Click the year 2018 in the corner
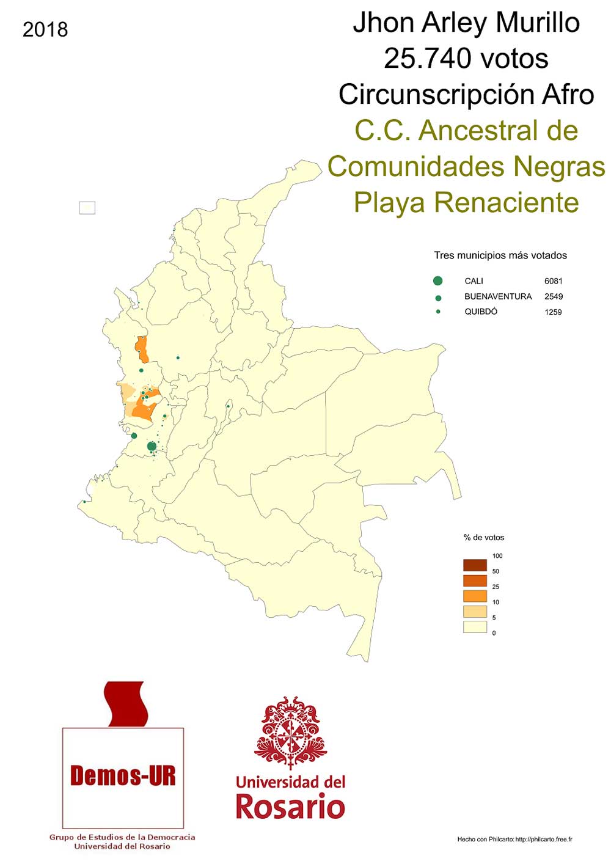click(45, 29)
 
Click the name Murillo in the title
click(537, 23)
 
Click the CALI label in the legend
click(474, 281)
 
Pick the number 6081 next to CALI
click(553, 281)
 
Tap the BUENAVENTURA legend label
click(497, 296)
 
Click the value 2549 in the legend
click(553, 296)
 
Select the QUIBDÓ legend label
click(481, 312)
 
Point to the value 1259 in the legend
click(553, 312)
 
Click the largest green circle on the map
click(152, 447)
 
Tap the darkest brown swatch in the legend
click(475, 565)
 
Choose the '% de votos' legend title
click(484, 538)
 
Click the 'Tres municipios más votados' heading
click(500, 255)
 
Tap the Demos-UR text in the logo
click(123, 776)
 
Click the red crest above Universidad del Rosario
click(290, 731)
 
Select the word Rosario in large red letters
click(290, 807)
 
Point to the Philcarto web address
click(543, 840)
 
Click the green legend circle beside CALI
click(437, 281)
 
